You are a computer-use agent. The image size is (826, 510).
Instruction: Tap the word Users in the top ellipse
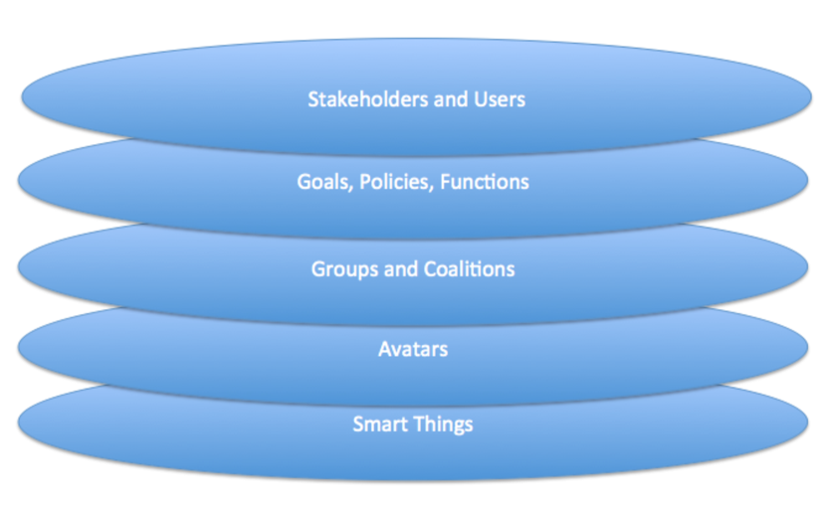coord(500,99)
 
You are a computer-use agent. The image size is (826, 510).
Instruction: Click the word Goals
coord(325,182)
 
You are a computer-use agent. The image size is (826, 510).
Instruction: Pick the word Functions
coord(485,182)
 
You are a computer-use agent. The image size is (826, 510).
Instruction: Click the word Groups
coord(345,269)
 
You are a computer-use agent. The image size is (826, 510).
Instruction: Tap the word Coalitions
coord(470,269)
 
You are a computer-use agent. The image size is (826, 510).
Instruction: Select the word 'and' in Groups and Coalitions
coord(401,269)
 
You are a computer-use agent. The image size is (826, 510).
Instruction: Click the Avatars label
coord(413,350)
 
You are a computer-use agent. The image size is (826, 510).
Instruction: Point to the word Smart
coord(380,425)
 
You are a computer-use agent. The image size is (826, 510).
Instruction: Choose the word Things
coord(443,425)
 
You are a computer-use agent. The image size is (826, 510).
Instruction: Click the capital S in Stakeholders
coord(313,99)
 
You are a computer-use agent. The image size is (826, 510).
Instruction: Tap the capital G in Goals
coord(304,182)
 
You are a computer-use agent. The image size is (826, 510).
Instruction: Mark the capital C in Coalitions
coord(430,269)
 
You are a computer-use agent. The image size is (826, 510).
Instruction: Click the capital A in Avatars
coord(385,350)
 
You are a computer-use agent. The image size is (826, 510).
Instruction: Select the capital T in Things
coord(418,425)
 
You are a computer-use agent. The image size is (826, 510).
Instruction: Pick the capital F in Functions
coord(446,182)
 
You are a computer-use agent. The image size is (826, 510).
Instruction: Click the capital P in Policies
coord(365,182)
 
